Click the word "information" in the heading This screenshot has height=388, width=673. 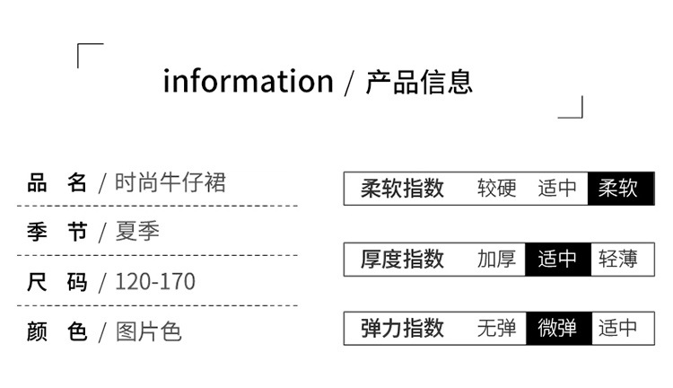[248, 82]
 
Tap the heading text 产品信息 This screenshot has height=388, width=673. [419, 82]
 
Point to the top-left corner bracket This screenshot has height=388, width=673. [89, 53]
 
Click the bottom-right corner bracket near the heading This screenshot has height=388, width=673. [572, 109]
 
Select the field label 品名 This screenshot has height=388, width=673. [57, 183]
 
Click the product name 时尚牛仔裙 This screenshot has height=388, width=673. [170, 183]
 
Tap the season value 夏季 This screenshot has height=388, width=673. [137, 233]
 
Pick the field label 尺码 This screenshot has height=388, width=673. [57, 282]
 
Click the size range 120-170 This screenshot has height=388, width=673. [155, 282]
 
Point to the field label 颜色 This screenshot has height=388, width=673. [57, 331]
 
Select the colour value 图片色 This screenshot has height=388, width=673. [149, 331]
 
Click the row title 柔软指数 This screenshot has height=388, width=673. [403, 189]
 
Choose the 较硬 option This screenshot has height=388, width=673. [497, 189]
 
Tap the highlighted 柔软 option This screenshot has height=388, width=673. [618, 189]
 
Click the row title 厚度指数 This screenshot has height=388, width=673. [403, 260]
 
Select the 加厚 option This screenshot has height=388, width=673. [497, 260]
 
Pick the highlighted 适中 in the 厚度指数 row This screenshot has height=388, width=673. [557, 260]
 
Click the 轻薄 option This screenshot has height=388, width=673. [618, 260]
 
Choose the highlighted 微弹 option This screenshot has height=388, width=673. [557, 328]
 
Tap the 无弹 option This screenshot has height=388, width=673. [497, 328]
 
